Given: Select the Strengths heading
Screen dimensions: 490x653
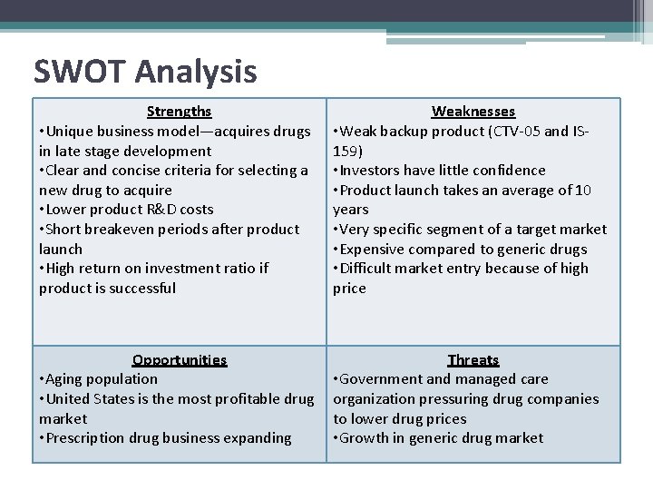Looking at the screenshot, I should pos(179,112).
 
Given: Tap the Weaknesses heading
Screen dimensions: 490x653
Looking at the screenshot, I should pos(473,112).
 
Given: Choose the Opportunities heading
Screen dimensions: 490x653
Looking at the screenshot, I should pos(179,360).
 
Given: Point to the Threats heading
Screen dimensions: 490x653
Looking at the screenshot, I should pos(473,360).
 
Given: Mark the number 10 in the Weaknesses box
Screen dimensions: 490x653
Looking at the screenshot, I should pos(583,191).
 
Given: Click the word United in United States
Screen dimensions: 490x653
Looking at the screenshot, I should pos(72,399).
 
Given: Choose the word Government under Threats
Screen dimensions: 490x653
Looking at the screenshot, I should pos(382,379).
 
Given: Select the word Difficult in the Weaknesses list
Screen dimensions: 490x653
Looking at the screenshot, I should pos(372,269).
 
